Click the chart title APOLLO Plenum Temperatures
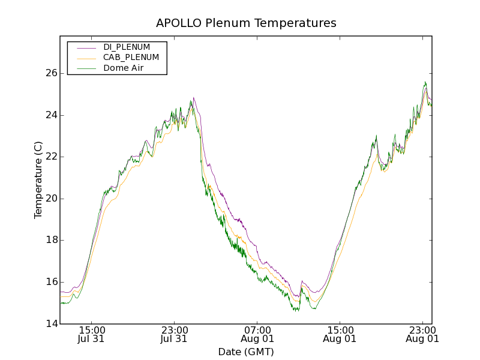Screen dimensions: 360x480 point(246,23)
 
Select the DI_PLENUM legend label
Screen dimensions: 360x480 point(127,47)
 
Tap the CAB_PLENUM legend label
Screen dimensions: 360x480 point(131,58)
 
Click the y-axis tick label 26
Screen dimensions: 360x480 point(51,73)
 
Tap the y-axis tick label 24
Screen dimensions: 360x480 point(51,115)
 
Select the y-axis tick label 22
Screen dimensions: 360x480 point(51,157)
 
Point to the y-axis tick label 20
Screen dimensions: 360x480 point(51,199)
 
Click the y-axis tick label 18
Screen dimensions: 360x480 point(51,240)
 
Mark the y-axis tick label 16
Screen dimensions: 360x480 point(51,282)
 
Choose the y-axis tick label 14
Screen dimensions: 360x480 point(51,324)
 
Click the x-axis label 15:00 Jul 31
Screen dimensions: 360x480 point(92,334)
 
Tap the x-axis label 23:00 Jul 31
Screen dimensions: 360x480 point(175,334)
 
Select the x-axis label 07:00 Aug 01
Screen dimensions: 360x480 point(257,334)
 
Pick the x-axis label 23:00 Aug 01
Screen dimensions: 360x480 point(422,334)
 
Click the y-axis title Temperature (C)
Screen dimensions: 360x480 point(38,180)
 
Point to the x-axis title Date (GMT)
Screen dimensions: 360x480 point(246,352)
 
